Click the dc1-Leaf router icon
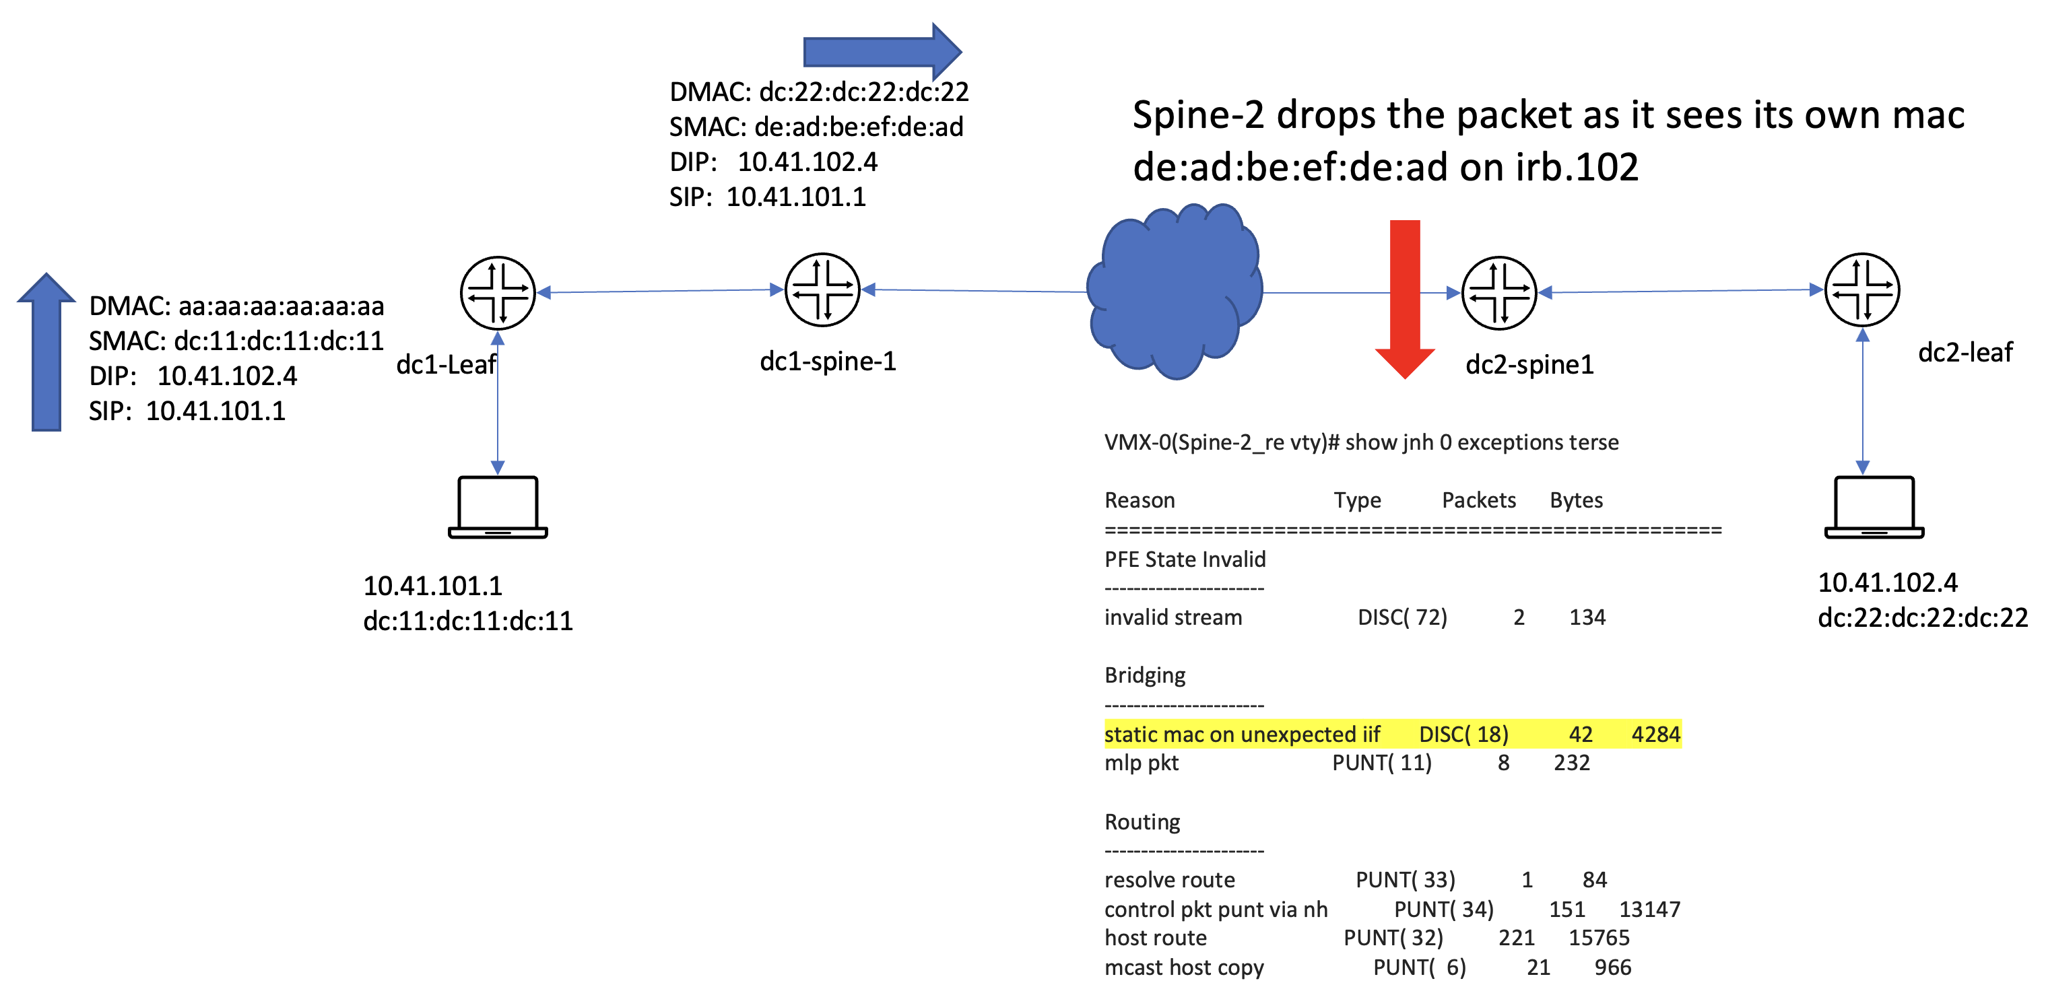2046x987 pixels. click(498, 293)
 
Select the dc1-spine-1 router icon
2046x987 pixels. click(823, 290)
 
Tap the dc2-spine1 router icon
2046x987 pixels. click(1500, 293)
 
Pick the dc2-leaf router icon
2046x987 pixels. click(1863, 290)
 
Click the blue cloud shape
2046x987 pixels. click(1174, 292)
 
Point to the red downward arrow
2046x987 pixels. click(1405, 300)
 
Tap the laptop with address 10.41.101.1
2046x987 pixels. click(498, 508)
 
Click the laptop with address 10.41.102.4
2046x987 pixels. click(1874, 508)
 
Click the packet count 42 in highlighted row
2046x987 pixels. click(1581, 735)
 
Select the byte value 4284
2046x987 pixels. click(1656, 735)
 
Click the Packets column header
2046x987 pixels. click(1479, 500)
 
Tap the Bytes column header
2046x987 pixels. click(1577, 500)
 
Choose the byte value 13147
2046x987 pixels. click(1650, 909)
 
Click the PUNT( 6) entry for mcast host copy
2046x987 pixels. click(1420, 967)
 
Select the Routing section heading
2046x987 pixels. click(1142, 822)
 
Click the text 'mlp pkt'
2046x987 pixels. click(1142, 763)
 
